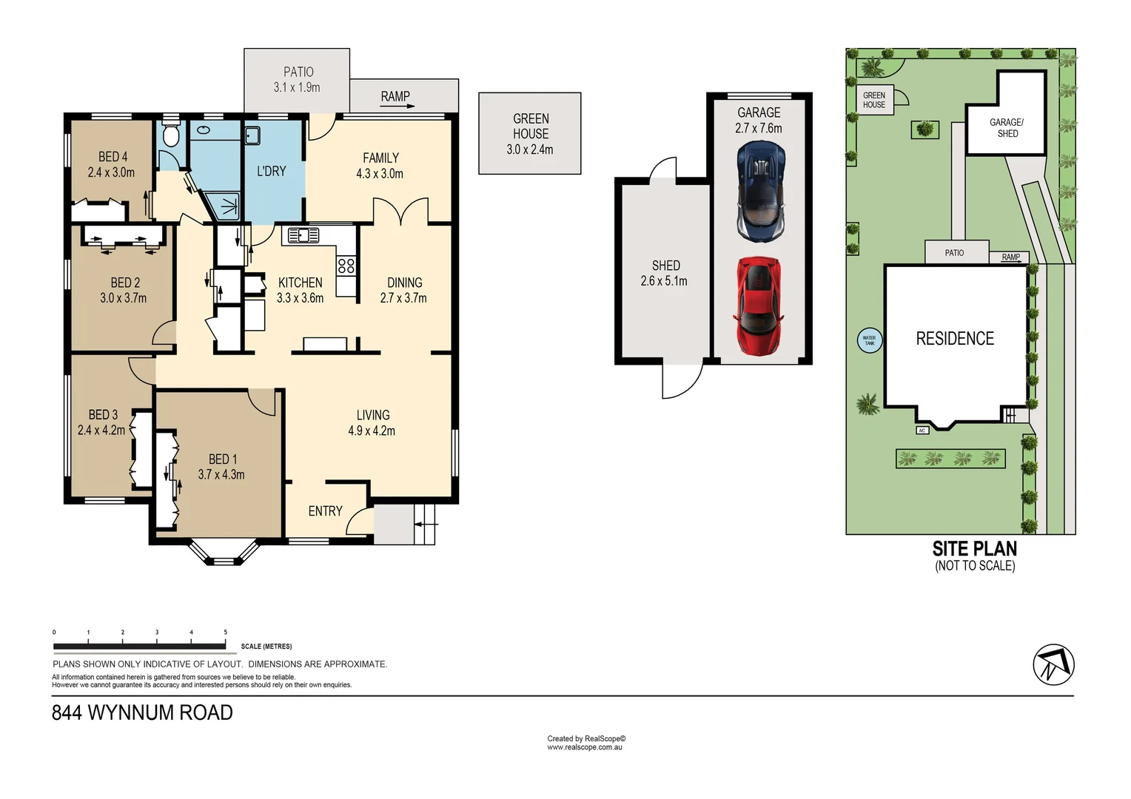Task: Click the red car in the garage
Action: tap(759, 306)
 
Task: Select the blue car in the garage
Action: tap(760, 192)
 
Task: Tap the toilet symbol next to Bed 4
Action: tap(171, 135)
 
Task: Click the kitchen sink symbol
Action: tap(303, 236)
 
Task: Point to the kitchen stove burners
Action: tap(346, 266)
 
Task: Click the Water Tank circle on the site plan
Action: tap(869, 340)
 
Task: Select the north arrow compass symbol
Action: tap(1053, 664)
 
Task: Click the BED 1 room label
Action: tap(222, 459)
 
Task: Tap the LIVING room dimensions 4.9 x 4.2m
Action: tap(372, 431)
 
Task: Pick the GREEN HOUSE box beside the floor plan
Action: tap(530, 133)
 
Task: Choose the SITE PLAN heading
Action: tap(974, 548)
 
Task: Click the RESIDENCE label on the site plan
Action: tap(955, 339)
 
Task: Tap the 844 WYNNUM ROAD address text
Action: tap(142, 712)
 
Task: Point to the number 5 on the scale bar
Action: tap(226, 633)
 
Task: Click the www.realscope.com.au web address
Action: tap(585, 748)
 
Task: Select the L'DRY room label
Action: tap(271, 171)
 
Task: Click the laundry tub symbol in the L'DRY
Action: tap(252, 135)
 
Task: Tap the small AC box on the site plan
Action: tap(922, 431)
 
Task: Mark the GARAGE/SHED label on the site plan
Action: tap(1007, 128)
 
